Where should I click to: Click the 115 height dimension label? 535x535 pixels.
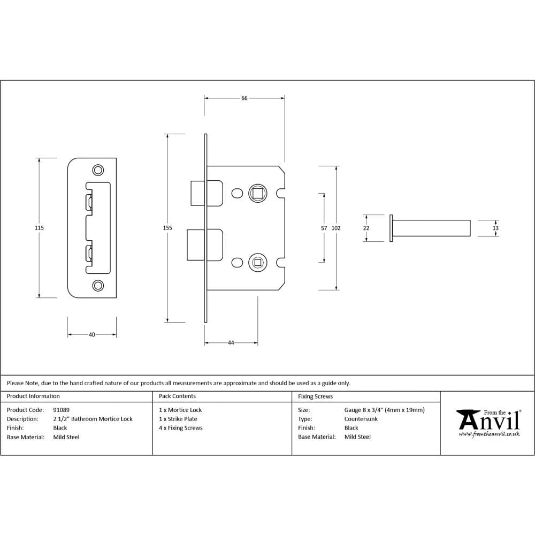pos(39,228)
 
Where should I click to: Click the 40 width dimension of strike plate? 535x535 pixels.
pos(91,335)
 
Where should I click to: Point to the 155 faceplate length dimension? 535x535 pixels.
pos(167,228)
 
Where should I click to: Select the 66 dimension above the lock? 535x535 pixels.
pos(244,98)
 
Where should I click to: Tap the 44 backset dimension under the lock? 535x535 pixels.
pos(231,342)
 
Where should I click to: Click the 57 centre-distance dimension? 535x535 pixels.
pos(324,228)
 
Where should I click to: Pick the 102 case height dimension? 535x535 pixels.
pos(336,228)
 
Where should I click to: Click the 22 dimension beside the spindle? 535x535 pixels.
pos(366,228)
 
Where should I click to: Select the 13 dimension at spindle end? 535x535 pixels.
pos(495,228)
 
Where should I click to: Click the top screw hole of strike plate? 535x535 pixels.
pos(98,170)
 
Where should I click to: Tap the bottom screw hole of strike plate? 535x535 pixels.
pos(98,285)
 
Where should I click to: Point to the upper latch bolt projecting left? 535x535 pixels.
pos(196,193)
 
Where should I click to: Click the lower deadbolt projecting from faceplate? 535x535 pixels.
pos(194,244)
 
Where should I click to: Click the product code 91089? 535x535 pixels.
pos(62,410)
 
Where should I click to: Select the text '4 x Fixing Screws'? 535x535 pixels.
pos(181,428)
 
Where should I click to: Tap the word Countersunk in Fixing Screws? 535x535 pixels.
pos(361,419)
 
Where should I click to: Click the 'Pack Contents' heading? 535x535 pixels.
pos(177,396)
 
